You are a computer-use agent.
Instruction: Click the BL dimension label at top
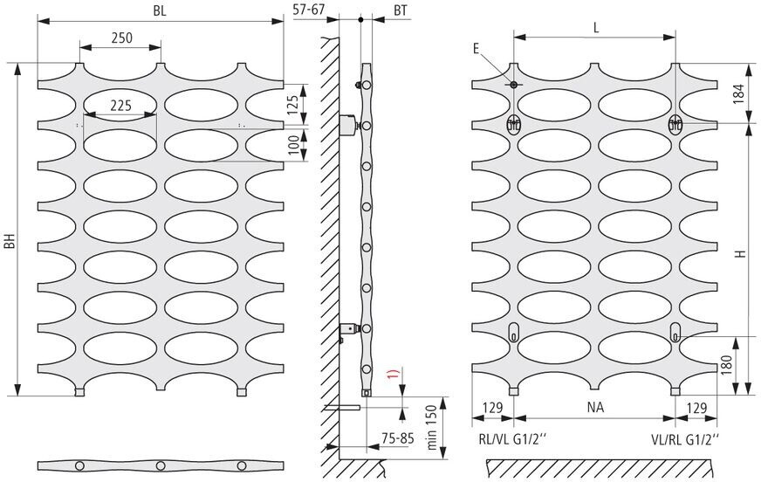[160, 11]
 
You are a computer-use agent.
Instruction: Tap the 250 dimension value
[120, 38]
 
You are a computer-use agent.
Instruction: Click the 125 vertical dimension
[293, 103]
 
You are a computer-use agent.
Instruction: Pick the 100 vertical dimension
[293, 144]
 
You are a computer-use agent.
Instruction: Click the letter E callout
[476, 49]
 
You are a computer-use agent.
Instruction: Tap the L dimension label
[595, 27]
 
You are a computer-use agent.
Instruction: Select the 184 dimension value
[737, 94]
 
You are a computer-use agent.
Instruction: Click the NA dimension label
[594, 408]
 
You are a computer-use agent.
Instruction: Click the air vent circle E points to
[514, 85]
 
